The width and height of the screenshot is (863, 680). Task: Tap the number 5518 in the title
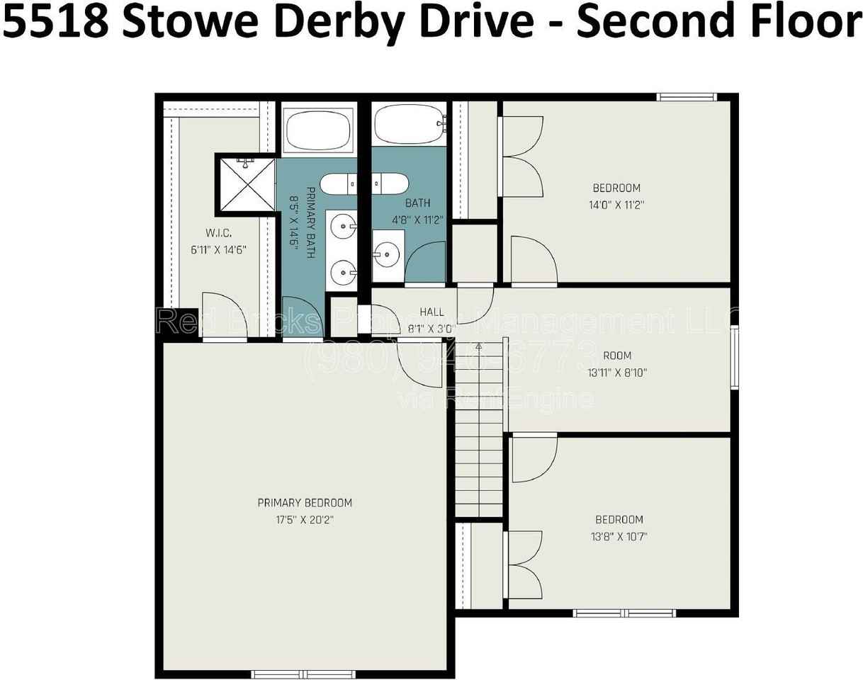[57, 22]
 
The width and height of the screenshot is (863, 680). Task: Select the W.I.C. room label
[218, 232]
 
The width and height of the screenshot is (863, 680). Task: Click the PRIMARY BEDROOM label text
[305, 503]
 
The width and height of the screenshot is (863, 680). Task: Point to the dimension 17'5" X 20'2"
[305, 520]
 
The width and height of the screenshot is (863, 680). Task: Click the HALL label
[431, 312]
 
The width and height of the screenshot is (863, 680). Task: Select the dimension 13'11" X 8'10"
[616, 372]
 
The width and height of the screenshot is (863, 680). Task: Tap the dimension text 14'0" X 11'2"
[616, 205]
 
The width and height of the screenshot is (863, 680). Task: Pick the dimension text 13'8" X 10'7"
[619, 536]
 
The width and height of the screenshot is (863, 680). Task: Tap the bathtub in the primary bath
[318, 129]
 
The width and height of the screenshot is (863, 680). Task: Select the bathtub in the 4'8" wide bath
[409, 124]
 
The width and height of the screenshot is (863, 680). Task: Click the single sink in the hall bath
[387, 251]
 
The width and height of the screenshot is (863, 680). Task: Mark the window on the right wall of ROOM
[735, 358]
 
